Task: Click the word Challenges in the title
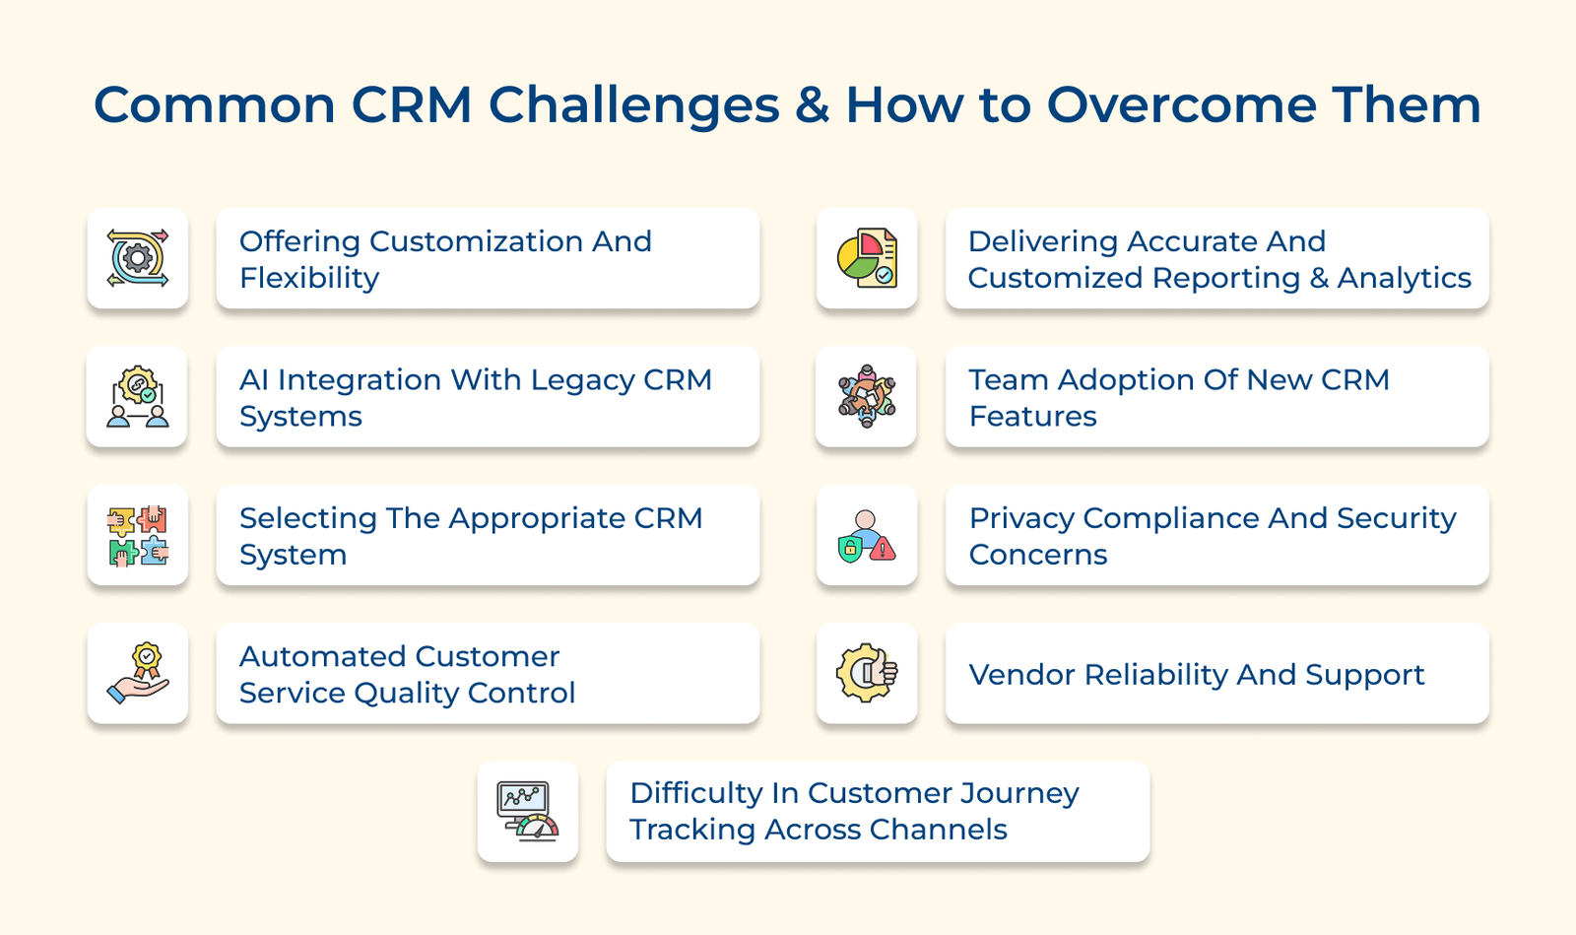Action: point(634,104)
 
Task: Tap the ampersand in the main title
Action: point(813,104)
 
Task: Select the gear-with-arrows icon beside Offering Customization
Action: point(138,258)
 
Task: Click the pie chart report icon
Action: point(867,258)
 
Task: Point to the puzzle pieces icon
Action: point(138,535)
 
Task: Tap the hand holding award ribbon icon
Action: point(138,674)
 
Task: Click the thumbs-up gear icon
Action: point(867,674)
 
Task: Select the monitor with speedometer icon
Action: point(528,812)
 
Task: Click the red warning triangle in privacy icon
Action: point(884,549)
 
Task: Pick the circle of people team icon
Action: point(867,396)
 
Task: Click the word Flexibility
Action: point(309,278)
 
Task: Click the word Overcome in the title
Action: point(1181,104)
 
